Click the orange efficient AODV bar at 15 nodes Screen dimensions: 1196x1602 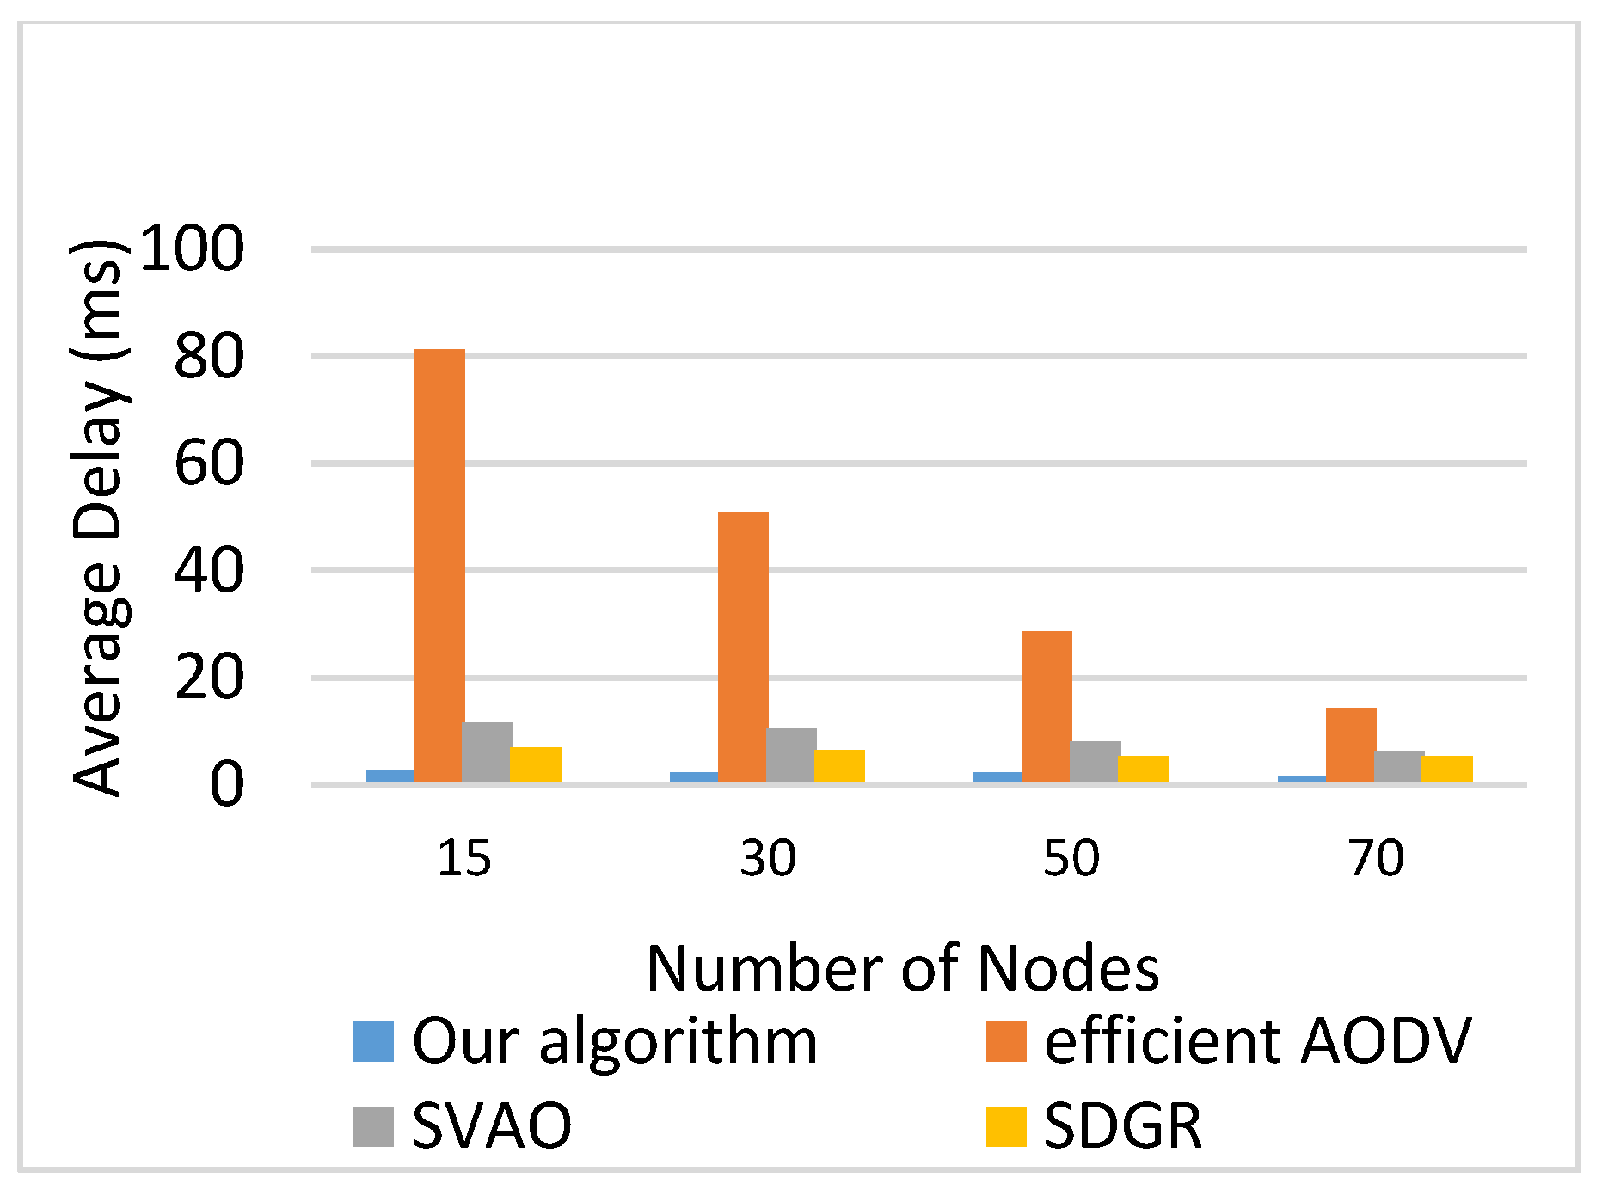(439, 565)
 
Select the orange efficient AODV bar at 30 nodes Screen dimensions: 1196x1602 (743, 647)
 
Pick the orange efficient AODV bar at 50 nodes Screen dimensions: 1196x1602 (1047, 706)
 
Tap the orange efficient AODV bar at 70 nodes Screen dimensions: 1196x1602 (1351, 745)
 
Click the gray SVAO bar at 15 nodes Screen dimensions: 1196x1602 (488, 752)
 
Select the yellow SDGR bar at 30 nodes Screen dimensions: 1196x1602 (839, 766)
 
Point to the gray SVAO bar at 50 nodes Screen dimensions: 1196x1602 (1095, 762)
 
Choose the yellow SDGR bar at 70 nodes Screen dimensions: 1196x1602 (1447, 769)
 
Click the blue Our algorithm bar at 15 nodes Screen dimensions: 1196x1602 (390, 776)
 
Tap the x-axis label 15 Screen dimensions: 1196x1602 (464, 858)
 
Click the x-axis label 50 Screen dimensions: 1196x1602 (1071, 858)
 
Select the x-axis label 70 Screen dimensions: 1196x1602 (1376, 858)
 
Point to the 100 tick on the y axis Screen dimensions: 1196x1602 (192, 249)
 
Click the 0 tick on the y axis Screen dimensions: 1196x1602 (226, 785)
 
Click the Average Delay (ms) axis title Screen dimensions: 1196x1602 (99, 518)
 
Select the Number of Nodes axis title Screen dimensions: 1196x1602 (903, 969)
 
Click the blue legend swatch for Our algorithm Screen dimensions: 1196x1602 (373, 1041)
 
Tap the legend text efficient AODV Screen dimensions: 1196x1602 (1257, 1041)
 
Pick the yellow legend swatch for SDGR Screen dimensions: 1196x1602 (1006, 1126)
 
